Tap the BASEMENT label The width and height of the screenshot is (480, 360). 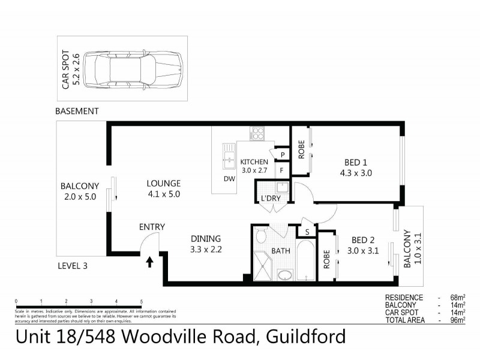pos(77,112)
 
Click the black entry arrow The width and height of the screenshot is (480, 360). pos(149,261)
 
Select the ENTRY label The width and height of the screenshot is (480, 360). pos(152,227)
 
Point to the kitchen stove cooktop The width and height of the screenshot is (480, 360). pos(258,133)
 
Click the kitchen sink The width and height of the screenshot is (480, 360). pos(229,157)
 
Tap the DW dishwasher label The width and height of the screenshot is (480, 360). pos(229,179)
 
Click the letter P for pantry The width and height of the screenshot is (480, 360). pos(281,155)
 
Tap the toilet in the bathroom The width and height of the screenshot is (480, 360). pos(260,236)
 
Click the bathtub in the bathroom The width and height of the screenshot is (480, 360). pos(305,261)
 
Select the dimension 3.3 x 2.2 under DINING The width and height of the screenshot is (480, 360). pos(206,249)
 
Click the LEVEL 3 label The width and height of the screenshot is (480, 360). pos(72,266)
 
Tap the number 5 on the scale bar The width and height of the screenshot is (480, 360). pos(141,301)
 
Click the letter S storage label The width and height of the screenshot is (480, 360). pos(307,231)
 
